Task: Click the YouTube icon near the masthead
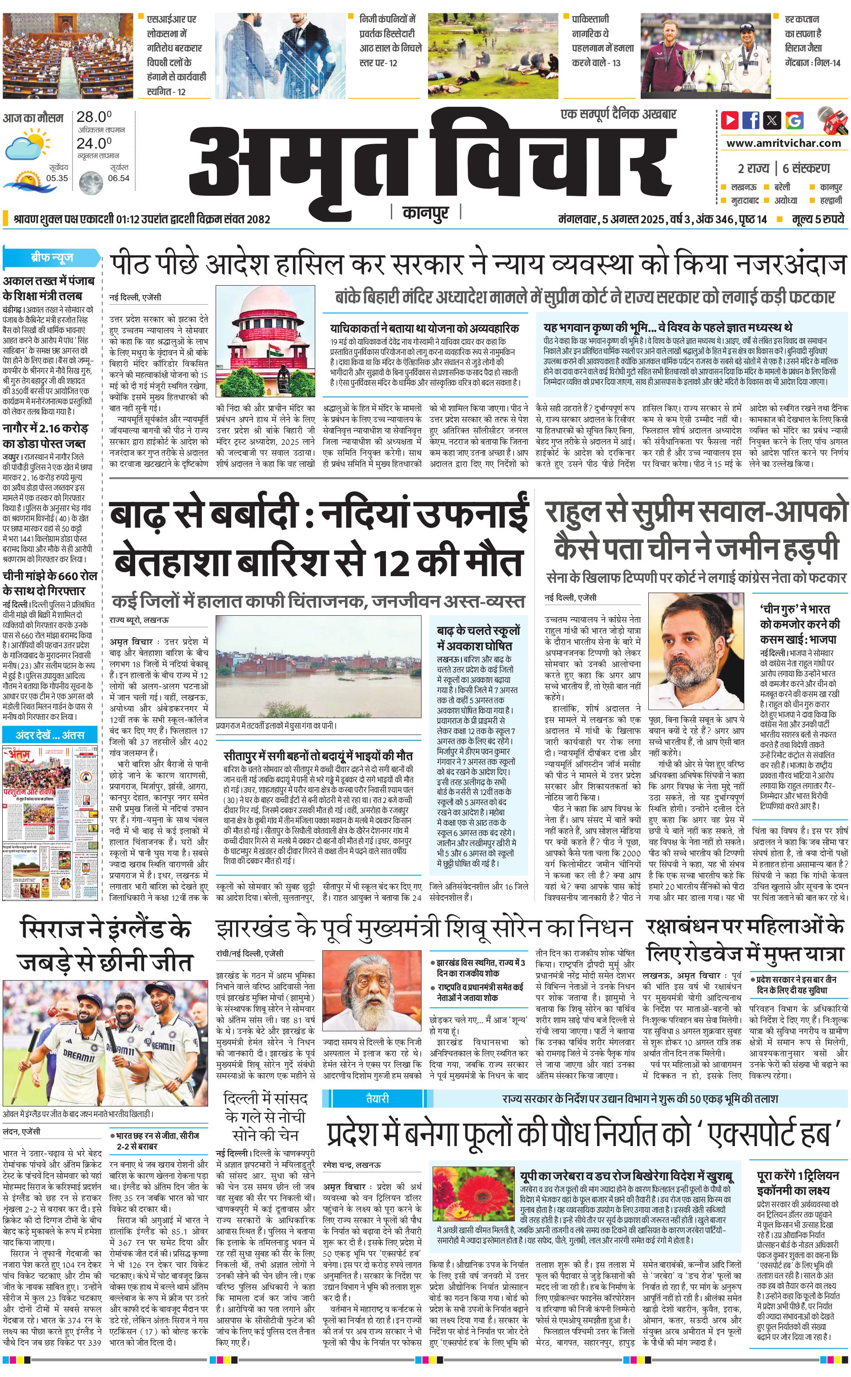(730, 120)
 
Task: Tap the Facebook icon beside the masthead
(751, 120)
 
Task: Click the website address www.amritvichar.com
(783, 143)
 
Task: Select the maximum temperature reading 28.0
(94, 117)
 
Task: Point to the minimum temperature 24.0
(94, 144)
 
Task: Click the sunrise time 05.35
(57, 178)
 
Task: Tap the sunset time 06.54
(119, 178)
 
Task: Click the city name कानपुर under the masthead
(425, 213)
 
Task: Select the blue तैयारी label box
(377, 1098)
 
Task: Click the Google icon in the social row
(795, 120)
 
